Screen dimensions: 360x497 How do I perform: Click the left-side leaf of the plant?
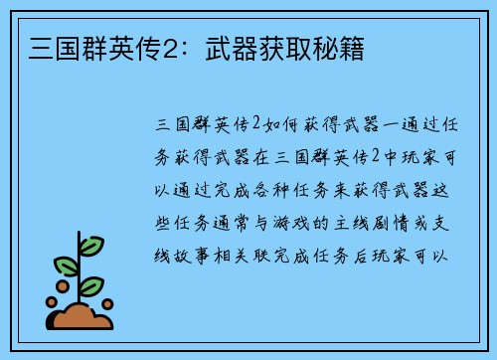[x=66, y=267]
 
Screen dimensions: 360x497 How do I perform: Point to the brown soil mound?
[x=83, y=317]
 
